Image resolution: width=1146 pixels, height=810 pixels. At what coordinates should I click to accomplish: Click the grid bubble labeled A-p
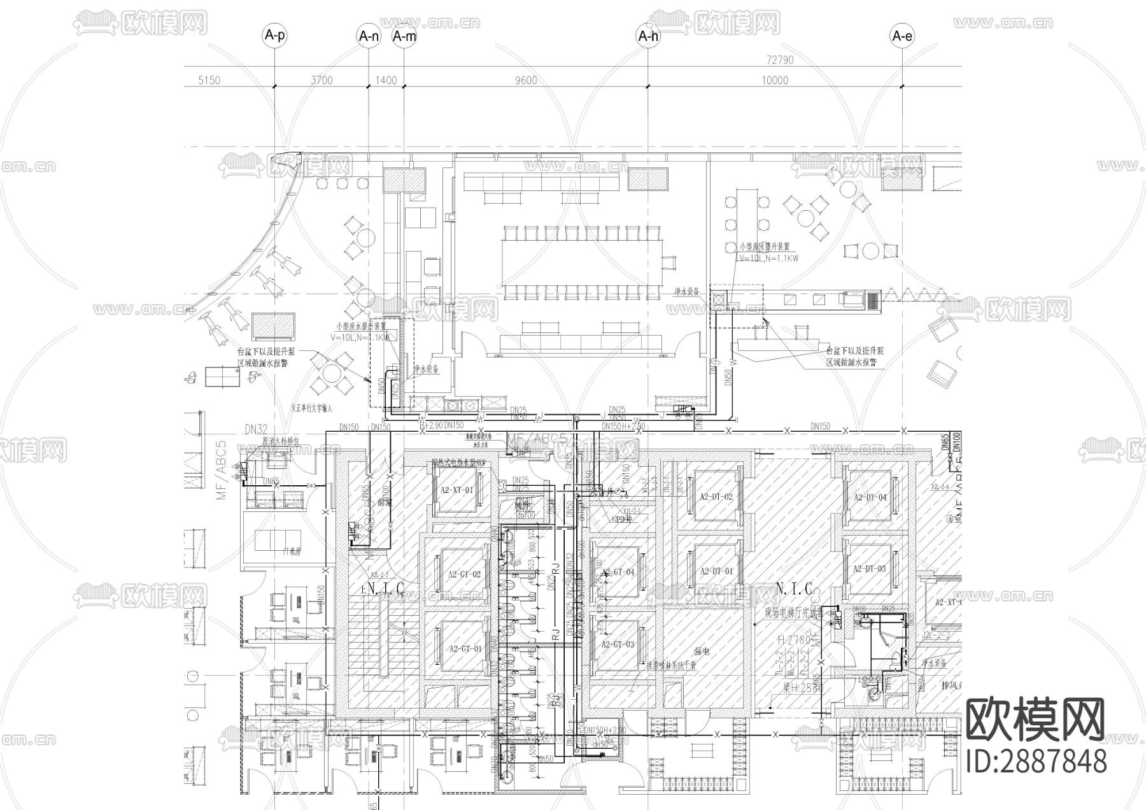274,36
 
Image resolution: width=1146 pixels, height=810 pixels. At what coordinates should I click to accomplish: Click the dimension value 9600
526,80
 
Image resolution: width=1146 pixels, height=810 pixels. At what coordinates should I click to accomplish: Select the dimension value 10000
774,80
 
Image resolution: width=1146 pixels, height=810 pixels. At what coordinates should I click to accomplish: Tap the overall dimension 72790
780,60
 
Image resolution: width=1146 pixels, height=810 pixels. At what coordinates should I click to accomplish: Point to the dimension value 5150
209,80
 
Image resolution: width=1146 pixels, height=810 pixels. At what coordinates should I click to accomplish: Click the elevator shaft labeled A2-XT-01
456,490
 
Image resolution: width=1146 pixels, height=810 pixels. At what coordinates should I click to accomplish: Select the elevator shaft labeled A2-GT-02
464,574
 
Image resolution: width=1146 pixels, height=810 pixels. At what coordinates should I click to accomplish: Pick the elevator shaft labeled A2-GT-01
464,649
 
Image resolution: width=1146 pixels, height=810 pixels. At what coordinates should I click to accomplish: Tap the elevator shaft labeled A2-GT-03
618,644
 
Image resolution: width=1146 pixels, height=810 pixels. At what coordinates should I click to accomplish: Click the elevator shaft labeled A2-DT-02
716,497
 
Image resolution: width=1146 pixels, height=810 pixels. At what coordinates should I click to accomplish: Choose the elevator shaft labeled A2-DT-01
716,571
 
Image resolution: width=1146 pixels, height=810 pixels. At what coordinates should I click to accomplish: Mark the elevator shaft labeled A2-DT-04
870,497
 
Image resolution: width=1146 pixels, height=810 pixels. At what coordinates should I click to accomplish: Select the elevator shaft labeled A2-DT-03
870,569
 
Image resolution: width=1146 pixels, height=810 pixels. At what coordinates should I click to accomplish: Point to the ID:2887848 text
1036,762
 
